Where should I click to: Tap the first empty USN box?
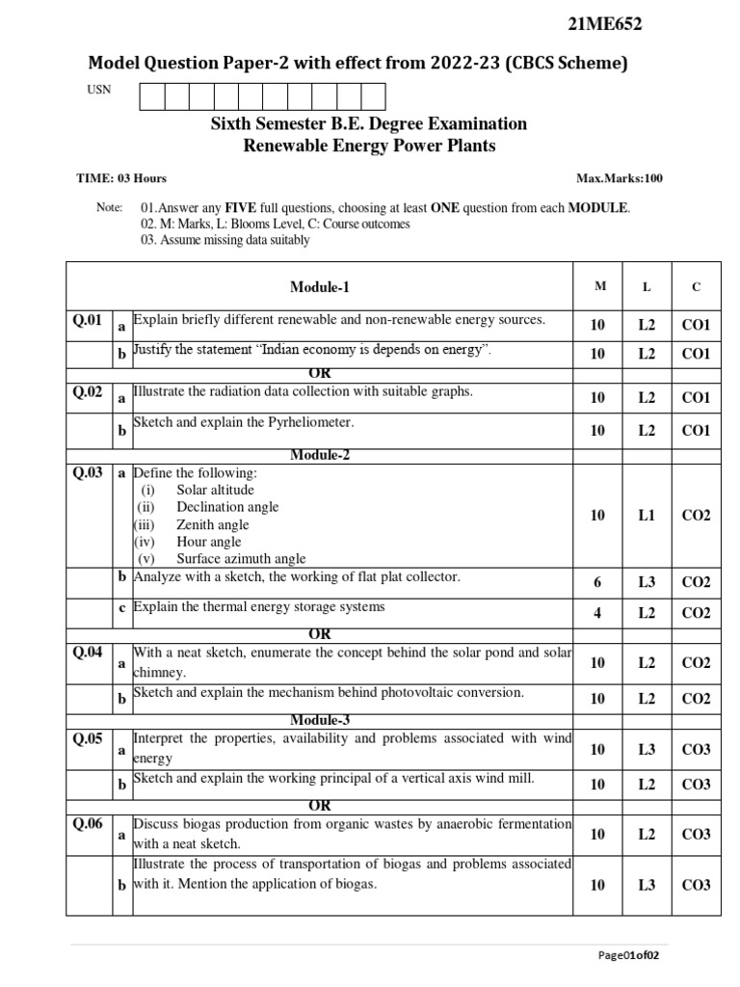pyautogui.click(x=152, y=96)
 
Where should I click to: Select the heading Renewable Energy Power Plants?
pyautogui.click(x=368, y=146)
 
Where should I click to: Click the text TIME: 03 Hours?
pyautogui.click(x=121, y=178)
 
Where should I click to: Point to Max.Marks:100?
pyautogui.click(x=619, y=178)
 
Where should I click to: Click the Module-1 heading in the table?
pyautogui.click(x=320, y=286)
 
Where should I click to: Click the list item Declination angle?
pyautogui.click(x=227, y=507)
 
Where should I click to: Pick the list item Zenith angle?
pyautogui.click(x=212, y=524)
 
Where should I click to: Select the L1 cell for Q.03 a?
pyautogui.click(x=646, y=516)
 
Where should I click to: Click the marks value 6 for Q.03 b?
pyautogui.click(x=597, y=582)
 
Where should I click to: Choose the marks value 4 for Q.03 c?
pyautogui.click(x=597, y=613)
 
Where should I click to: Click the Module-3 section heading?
pyautogui.click(x=320, y=720)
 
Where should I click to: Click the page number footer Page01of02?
pyautogui.click(x=628, y=955)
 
